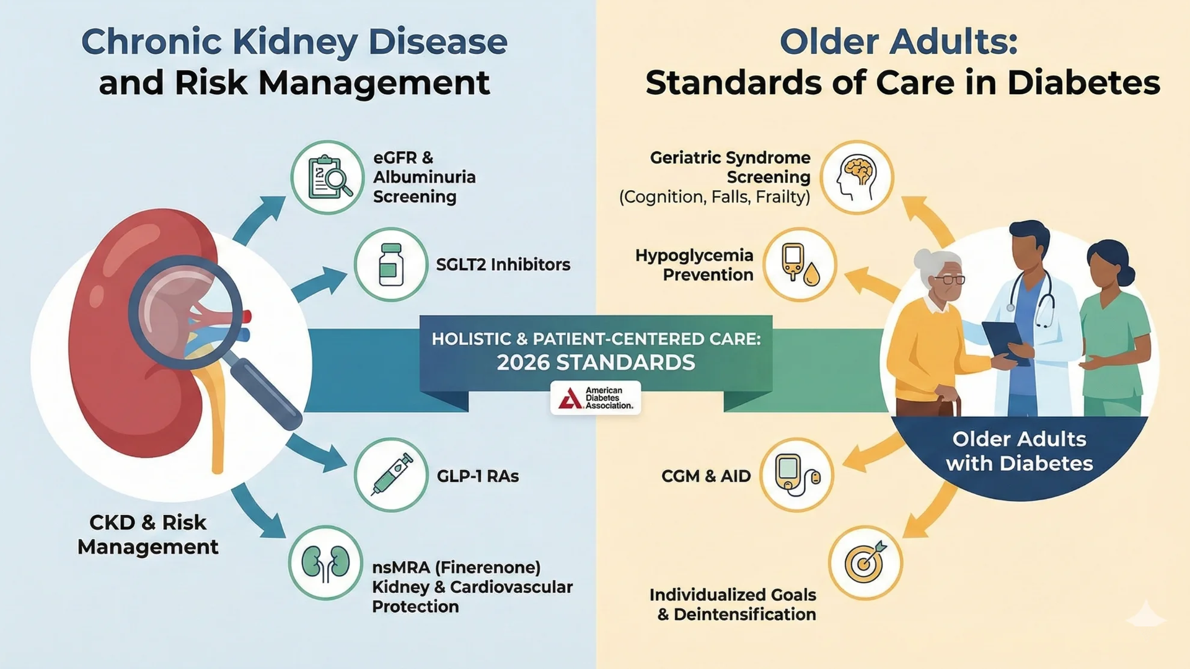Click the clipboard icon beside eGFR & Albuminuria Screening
(x=327, y=178)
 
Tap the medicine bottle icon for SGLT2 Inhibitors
(x=390, y=265)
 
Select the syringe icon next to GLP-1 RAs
(x=390, y=475)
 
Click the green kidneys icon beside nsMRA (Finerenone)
(x=325, y=563)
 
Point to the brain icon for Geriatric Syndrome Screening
(x=857, y=178)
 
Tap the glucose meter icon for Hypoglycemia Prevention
(x=800, y=265)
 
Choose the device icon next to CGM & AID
(x=797, y=475)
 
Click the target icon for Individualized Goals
(x=865, y=563)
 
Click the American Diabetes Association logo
(x=595, y=398)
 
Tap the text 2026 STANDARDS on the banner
(x=596, y=362)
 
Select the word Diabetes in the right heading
(x=1083, y=83)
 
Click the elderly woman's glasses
(x=948, y=279)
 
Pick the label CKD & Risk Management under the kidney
(x=148, y=535)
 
